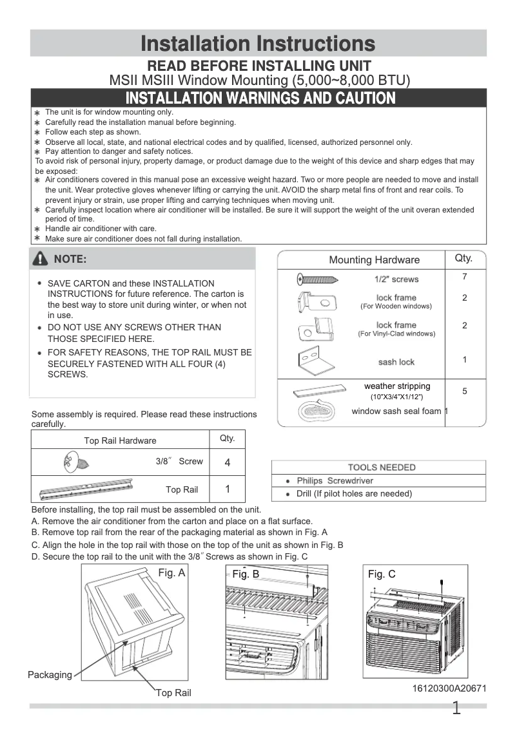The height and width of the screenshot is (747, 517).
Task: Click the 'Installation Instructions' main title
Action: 258,44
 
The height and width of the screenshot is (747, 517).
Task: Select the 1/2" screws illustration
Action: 317,279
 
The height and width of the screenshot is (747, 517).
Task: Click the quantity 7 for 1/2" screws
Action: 464,276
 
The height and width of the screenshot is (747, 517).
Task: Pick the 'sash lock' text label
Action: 396,362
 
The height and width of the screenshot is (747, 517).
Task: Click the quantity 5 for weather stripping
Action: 464,391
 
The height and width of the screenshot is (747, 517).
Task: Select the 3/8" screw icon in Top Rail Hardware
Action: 70,461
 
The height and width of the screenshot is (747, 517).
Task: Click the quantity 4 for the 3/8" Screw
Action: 227,462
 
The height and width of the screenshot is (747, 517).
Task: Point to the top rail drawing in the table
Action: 85,489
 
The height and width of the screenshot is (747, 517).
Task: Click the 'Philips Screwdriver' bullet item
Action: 335,481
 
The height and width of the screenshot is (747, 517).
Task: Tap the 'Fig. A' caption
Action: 172,572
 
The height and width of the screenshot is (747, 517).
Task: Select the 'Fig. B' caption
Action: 246,574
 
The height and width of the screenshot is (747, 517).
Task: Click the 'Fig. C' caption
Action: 382,574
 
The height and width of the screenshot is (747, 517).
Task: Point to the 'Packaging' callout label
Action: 50,675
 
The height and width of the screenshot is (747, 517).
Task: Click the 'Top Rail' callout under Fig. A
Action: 173,693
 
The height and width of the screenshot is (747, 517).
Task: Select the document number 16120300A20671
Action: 449,688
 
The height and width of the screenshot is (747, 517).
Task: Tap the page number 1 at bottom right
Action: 456,709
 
